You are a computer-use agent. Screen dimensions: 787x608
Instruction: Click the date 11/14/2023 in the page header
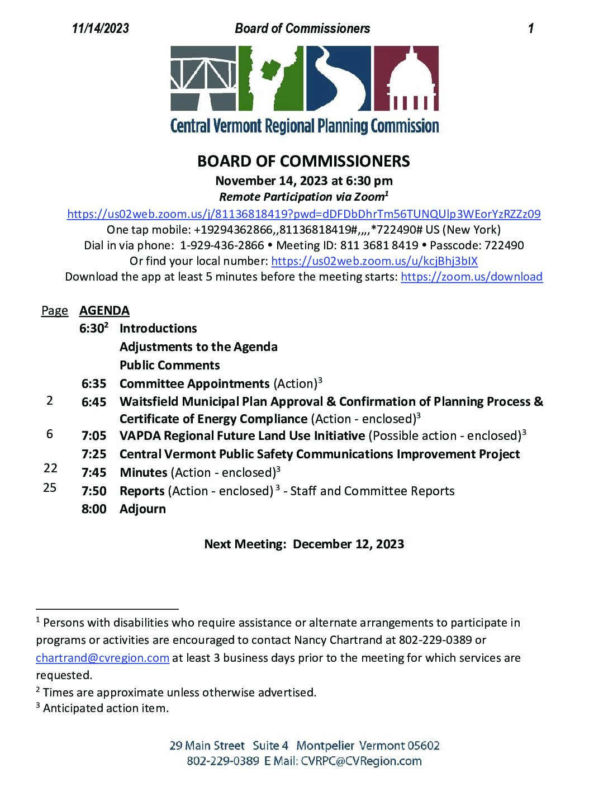pyautogui.click(x=101, y=29)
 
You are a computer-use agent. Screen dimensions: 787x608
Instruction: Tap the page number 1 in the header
pyautogui.click(x=531, y=29)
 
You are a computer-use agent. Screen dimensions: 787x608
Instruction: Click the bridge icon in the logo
pyautogui.click(x=203, y=78)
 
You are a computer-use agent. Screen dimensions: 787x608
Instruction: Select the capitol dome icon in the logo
pyautogui.click(x=406, y=78)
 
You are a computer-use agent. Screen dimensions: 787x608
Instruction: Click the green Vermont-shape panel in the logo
pyautogui.click(x=270, y=78)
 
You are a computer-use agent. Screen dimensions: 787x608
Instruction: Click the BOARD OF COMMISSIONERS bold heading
pyautogui.click(x=303, y=162)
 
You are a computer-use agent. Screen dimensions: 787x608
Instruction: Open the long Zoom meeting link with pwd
pyautogui.click(x=303, y=214)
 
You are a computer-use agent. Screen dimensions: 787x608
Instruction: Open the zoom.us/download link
pyautogui.click(x=472, y=277)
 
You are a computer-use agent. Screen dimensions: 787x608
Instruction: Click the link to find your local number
pyautogui.click(x=374, y=261)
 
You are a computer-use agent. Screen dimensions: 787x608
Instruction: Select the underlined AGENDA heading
pyautogui.click(x=104, y=311)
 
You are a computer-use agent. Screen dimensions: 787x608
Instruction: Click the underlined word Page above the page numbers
pyautogui.click(x=55, y=311)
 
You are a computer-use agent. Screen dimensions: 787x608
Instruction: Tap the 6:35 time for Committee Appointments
pyautogui.click(x=94, y=384)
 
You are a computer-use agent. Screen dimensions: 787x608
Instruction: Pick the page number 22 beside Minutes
pyautogui.click(x=50, y=468)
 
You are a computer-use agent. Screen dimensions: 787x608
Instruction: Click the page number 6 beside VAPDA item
pyautogui.click(x=50, y=434)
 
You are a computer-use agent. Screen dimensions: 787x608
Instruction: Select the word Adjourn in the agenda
pyautogui.click(x=142, y=509)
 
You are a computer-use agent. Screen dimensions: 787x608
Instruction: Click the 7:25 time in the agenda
pyautogui.click(x=94, y=454)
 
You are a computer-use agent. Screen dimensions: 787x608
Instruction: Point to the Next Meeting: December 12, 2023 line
pyautogui.click(x=304, y=544)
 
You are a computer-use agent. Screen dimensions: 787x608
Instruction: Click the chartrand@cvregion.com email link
pyautogui.click(x=102, y=658)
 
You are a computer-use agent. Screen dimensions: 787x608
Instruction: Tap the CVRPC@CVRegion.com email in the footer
pyautogui.click(x=361, y=761)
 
